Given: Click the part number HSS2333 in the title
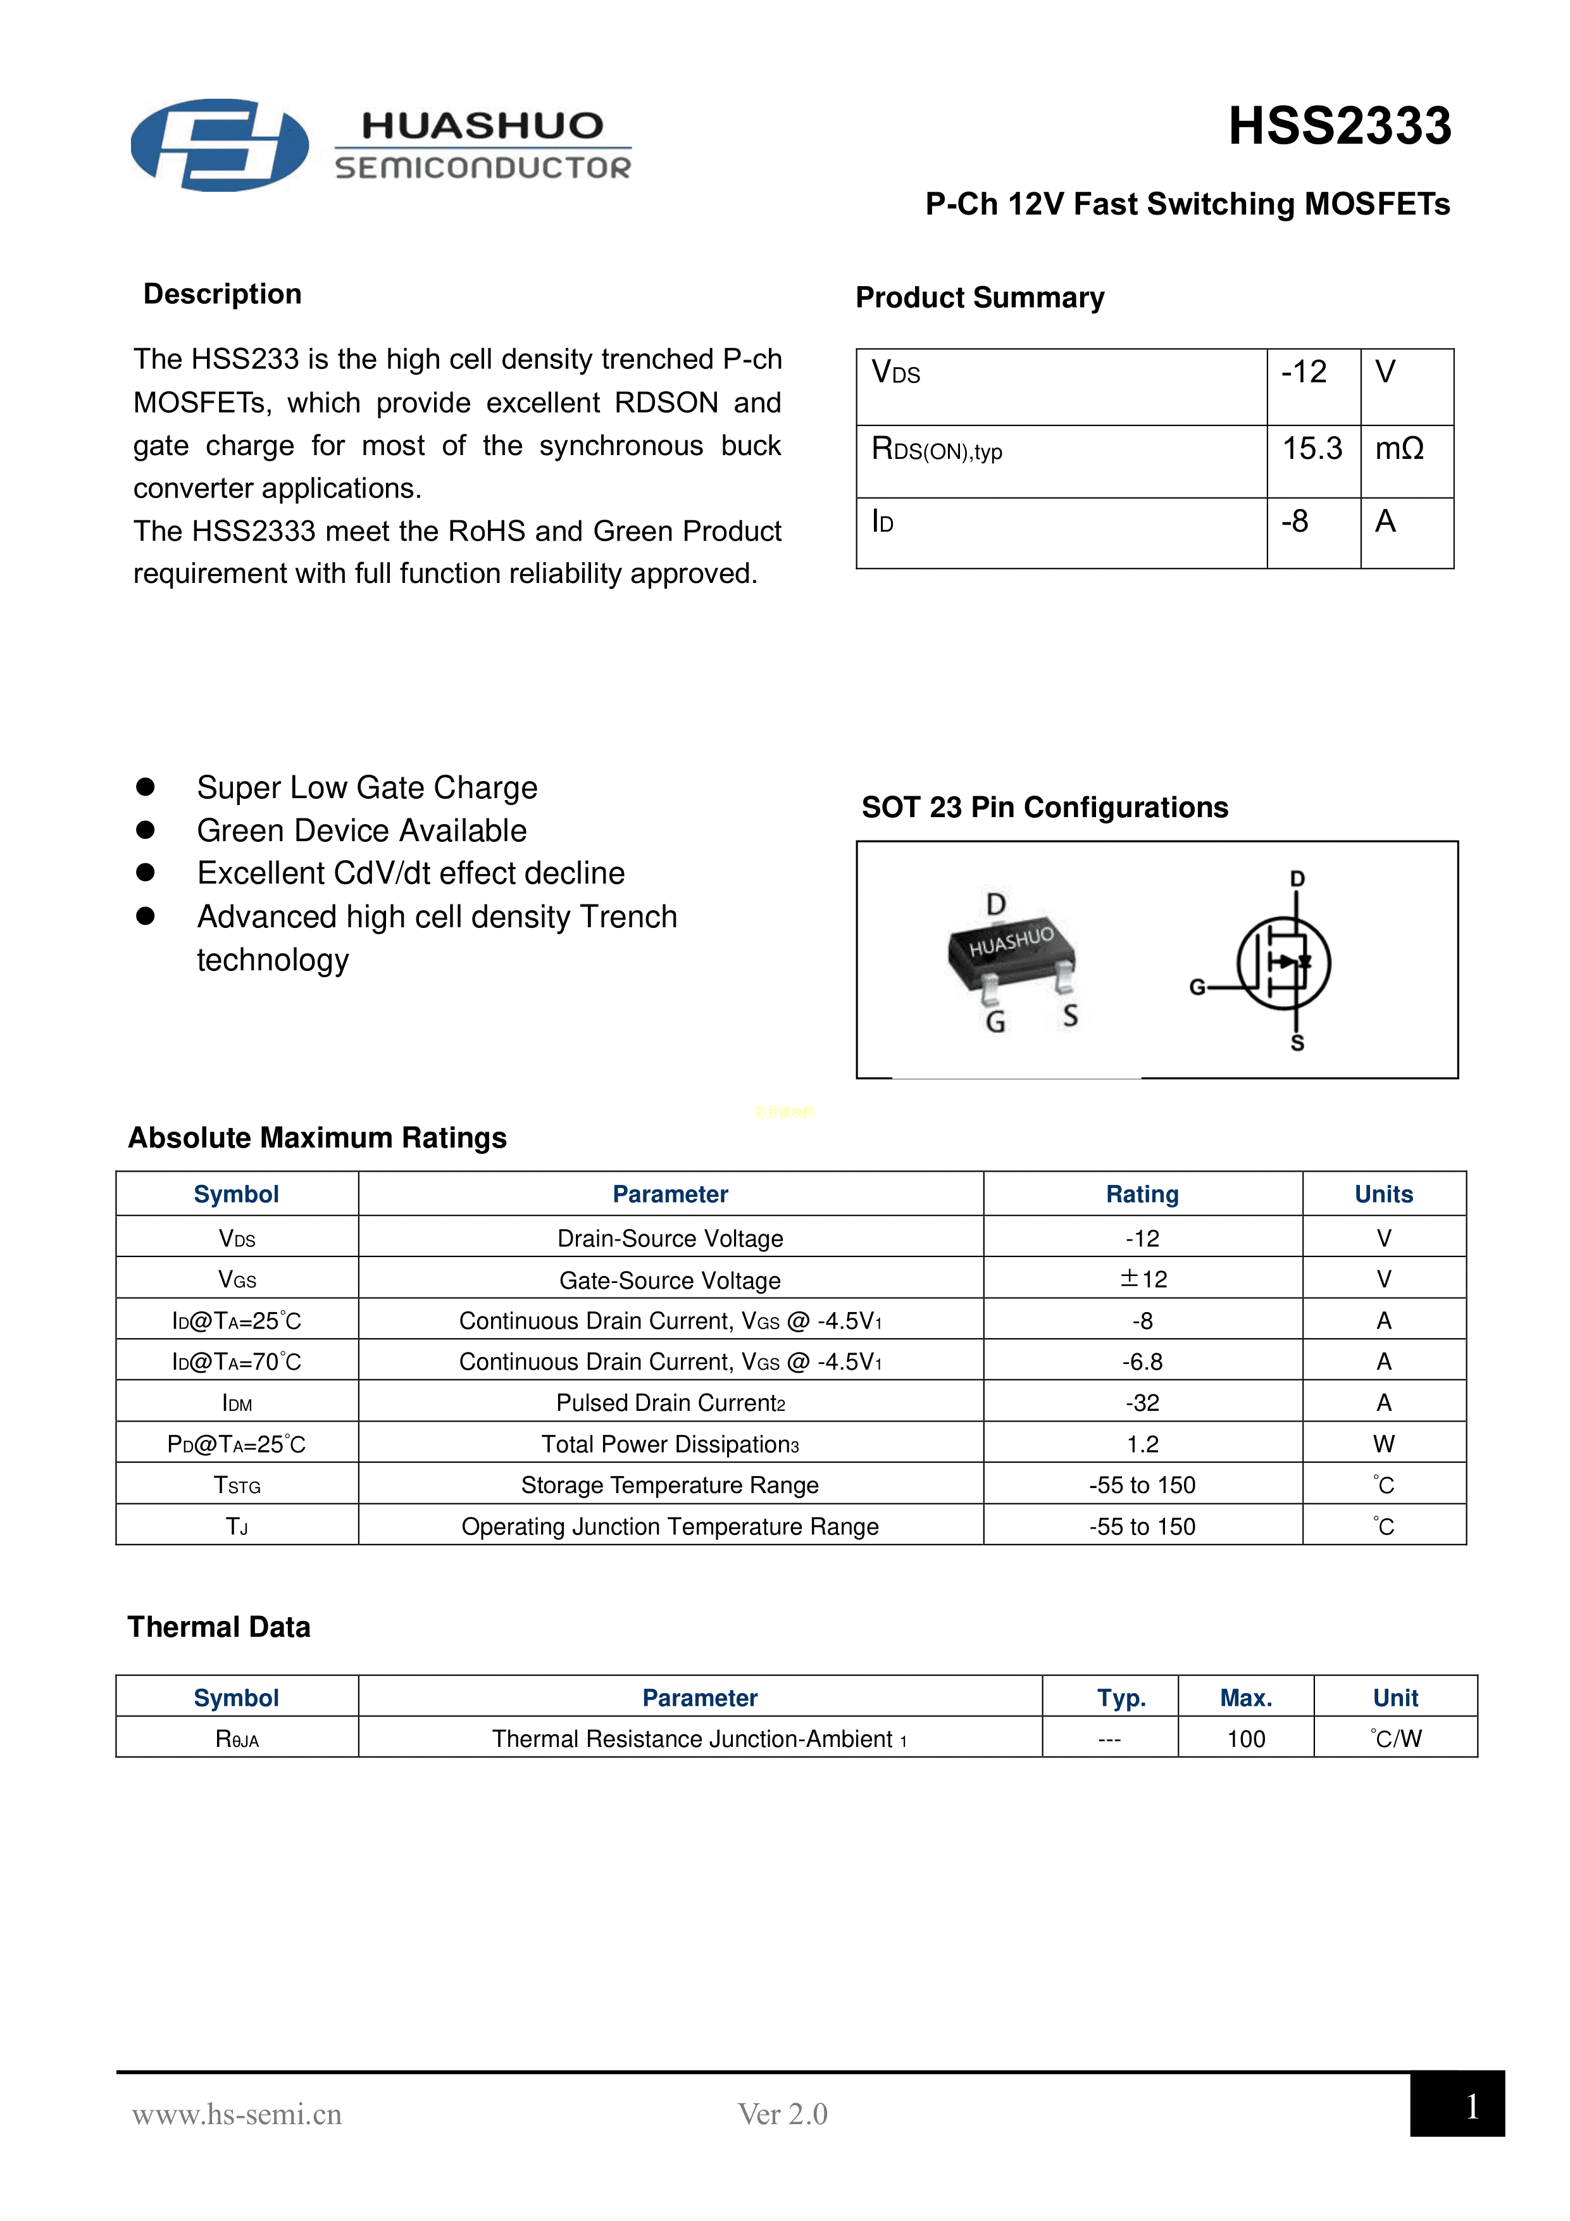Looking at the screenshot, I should pos(1339,127).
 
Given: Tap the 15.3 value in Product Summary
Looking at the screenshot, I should pos(1312,449).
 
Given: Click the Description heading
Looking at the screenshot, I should pos(223,294).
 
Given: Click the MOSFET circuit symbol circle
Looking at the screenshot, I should pos(1284,963).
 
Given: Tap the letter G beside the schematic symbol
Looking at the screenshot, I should pos(1197,987).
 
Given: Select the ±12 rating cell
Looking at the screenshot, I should pos(1142,1279).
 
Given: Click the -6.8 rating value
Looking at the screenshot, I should pos(1142,1362).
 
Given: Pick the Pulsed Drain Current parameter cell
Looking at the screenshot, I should pos(670,1403).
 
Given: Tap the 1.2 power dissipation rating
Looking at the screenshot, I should pos(1142,1444).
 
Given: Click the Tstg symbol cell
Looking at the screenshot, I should pos(237,1485).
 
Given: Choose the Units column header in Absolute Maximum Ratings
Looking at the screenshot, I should pos(1383,1194).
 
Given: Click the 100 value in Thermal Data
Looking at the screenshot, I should pos(1246,1739).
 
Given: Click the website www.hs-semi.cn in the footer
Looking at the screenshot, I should pos(237,2115).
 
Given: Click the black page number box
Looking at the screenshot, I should pos(1457,2104).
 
